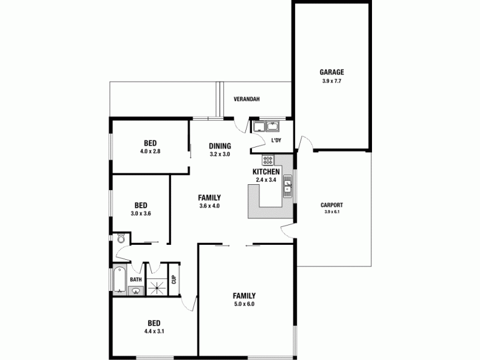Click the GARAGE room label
click(x=331, y=71)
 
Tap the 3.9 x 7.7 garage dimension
click(x=331, y=80)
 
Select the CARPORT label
click(x=332, y=204)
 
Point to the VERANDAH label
click(x=246, y=100)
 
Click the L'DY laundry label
click(x=277, y=140)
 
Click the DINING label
click(x=220, y=146)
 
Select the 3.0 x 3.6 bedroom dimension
click(x=141, y=213)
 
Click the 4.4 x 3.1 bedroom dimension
click(x=154, y=331)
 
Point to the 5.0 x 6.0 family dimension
click(x=244, y=304)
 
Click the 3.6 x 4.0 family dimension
click(x=210, y=206)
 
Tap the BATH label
click(x=136, y=280)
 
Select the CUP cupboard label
click(x=174, y=279)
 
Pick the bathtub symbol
click(x=119, y=281)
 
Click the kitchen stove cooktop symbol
click(x=268, y=160)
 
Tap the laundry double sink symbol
click(x=265, y=126)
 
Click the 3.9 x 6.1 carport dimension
click(x=332, y=212)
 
